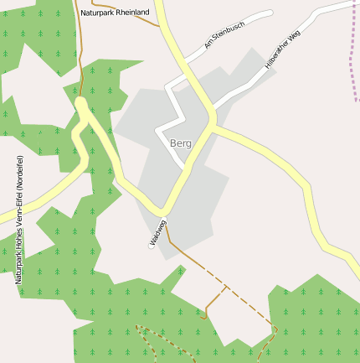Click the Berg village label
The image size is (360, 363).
[180, 143]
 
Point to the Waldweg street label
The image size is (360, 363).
[158, 232]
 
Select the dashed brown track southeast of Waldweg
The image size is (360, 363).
[243, 302]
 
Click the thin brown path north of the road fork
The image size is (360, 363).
[80, 67]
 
